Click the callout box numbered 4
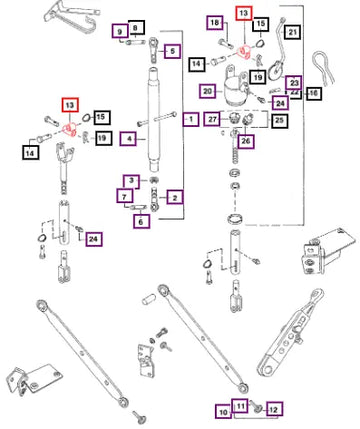129,138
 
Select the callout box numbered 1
191,119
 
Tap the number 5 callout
172,51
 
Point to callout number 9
120,32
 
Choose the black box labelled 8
135,28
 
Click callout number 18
215,23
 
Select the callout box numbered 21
292,32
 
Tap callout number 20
208,91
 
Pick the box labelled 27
213,119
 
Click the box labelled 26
246,141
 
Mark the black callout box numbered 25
279,120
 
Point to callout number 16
313,93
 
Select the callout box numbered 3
132,181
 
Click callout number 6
141,221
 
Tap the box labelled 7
125,196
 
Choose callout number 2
175,198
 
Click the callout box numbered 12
274,409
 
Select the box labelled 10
223,412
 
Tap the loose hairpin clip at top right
323,68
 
